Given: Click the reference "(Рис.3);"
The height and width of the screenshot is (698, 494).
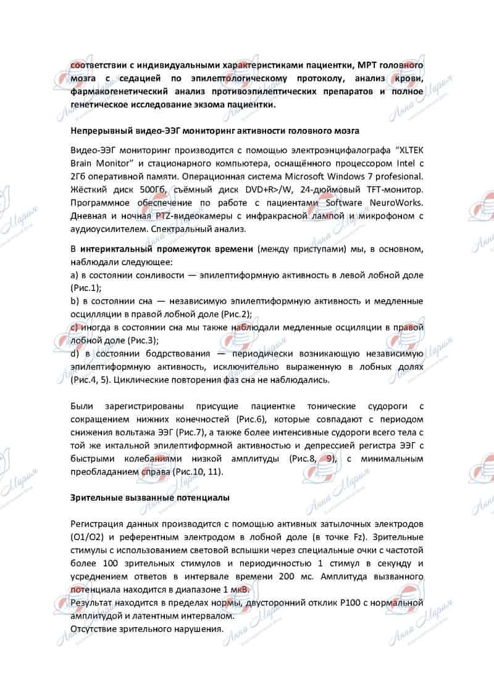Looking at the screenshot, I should [x=140, y=340].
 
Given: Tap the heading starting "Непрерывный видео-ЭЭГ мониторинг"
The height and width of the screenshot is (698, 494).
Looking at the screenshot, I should [x=214, y=131].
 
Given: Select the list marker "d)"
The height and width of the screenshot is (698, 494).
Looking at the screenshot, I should [x=75, y=353].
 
